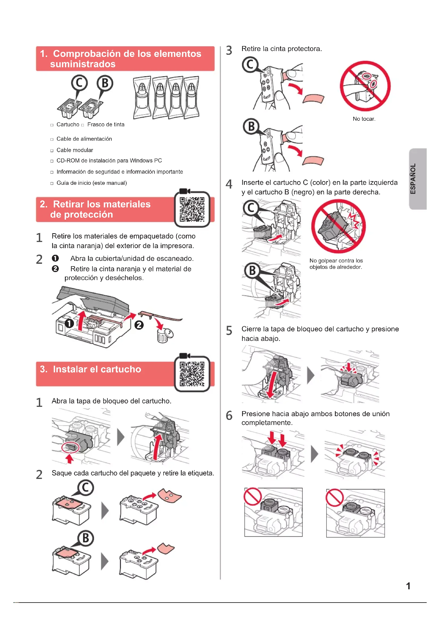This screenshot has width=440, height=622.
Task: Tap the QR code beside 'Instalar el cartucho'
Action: pyautogui.click(x=192, y=374)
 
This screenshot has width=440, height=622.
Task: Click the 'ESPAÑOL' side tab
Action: pyautogui.click(x=417, y=179)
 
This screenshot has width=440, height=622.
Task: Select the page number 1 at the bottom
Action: pyautogui.click(x=408, y=586)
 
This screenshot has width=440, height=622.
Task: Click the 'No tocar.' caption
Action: pyautogui.click(x=364, y=119)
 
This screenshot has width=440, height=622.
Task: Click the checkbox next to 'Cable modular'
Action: pyautogui.click(x=52, y=151)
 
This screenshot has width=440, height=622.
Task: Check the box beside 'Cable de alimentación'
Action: pyautogui.click(x=52, y=139)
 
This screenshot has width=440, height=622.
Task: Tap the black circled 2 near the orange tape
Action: pyautogui.click(x=139, y=325)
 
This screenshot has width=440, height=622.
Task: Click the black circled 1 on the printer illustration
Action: pyautogui.click(x=69, y=323)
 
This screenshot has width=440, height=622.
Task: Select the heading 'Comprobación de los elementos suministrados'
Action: pyautogui.click(x=121, y=59)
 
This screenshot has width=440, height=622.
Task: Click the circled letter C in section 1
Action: pyautogui.click(x=79, y=83)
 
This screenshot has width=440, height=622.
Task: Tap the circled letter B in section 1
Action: pyautogui.click(x=105, y=83)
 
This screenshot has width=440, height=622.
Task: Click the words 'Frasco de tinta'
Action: pyautogui.click(x=106, y=125)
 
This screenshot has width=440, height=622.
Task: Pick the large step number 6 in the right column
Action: pyautogui.click(x=229, y=415)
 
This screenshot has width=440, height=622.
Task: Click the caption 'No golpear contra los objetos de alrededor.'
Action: pyautogui.click(x=336, y=264)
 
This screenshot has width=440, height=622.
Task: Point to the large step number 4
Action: pyautogui.click(x=229, y=184)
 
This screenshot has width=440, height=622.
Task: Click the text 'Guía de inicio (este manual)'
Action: pyautogui.click(x=92, y=183)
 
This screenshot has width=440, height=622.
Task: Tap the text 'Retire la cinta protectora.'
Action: pyautogui.click(x=281, y=49)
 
